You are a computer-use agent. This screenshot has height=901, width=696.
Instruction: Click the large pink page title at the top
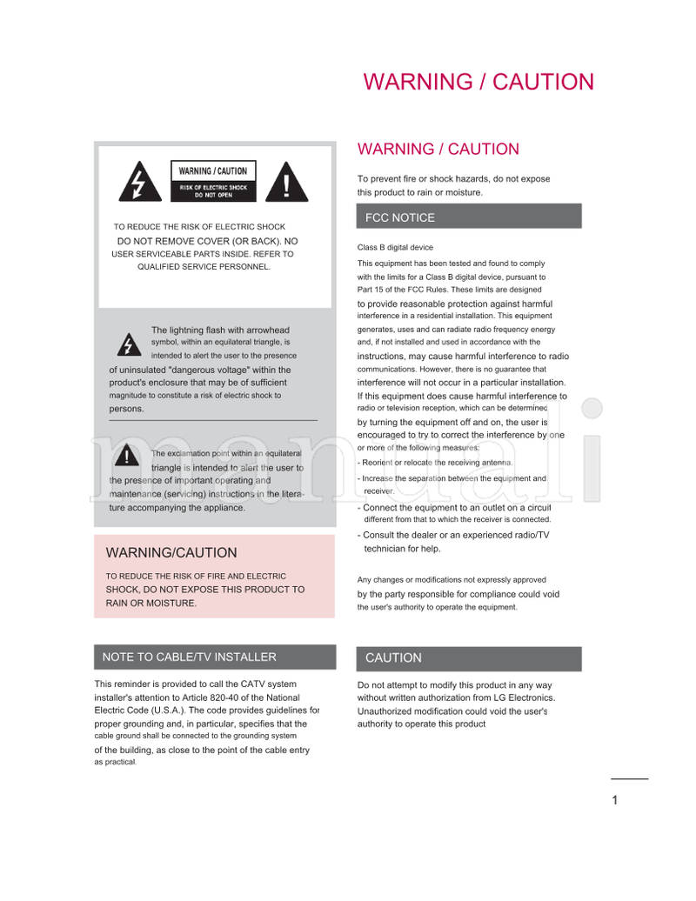(x=478, y=82)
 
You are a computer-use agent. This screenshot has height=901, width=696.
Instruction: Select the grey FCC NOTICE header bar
(x=469, y=217)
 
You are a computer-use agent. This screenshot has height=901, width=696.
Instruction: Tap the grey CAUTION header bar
(x=469, y=658)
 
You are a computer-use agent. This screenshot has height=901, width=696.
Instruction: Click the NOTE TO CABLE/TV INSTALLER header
(x=214, y=657)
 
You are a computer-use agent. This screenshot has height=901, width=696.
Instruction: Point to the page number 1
(x=615, y=800)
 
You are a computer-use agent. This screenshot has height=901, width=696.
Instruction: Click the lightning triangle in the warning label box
(x=140, y=181)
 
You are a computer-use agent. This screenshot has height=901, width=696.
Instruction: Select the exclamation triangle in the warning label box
(x=287, y=181)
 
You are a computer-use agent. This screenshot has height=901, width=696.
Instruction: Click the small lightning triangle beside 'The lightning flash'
(x=129, y=344)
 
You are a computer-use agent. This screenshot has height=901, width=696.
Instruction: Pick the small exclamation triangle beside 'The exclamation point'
(x=128, y=457)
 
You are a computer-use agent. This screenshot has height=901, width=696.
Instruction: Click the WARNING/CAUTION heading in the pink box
(x=171, y=552)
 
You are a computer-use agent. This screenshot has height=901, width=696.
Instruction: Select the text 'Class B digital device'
(x=395, y=248)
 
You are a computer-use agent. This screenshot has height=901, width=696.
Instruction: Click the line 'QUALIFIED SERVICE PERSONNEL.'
(x=204, y=267)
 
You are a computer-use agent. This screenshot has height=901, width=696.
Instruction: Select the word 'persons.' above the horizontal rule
(x=127, y=409)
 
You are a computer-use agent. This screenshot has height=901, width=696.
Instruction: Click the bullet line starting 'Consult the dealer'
(x=455, y=535)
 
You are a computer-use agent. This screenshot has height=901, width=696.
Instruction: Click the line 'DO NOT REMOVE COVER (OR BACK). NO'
(x=207, y=241)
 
